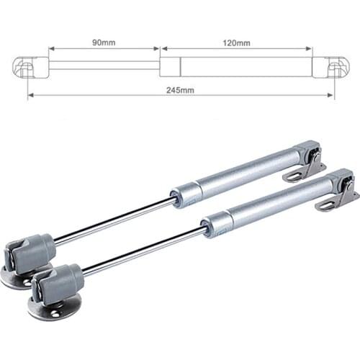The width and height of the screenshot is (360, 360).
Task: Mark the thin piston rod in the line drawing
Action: coord(104,66)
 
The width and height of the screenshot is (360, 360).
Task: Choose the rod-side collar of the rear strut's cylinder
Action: coord(186,193)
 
